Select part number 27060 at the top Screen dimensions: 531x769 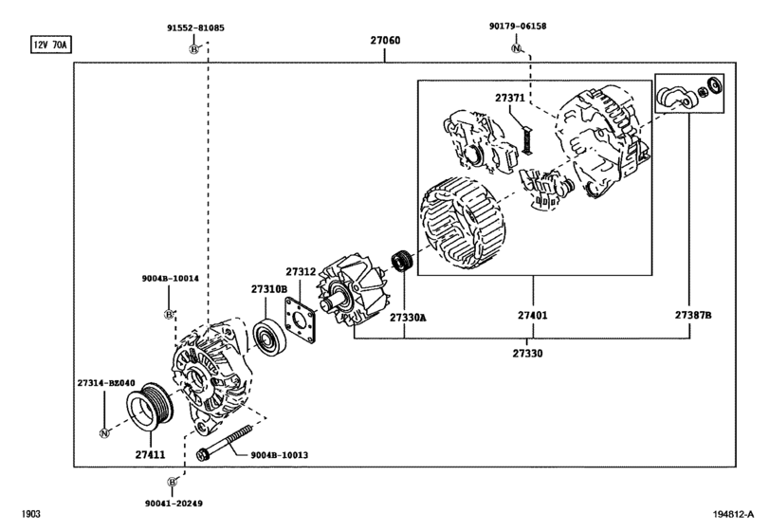click(x=384, y=42)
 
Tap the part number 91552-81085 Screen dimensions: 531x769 click(x=194, y=28)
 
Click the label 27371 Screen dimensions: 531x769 click(x=509, y=97)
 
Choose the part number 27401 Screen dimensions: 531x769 click(x=532, y=315)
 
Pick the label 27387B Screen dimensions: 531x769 click(x=692, y=315)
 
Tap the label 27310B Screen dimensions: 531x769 click(x=268, y=288)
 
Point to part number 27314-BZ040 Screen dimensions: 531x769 click(x=105, y=384)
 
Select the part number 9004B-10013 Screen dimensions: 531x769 click(x=280, y=456)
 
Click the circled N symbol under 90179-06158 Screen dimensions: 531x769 click(x=516, y=47)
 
